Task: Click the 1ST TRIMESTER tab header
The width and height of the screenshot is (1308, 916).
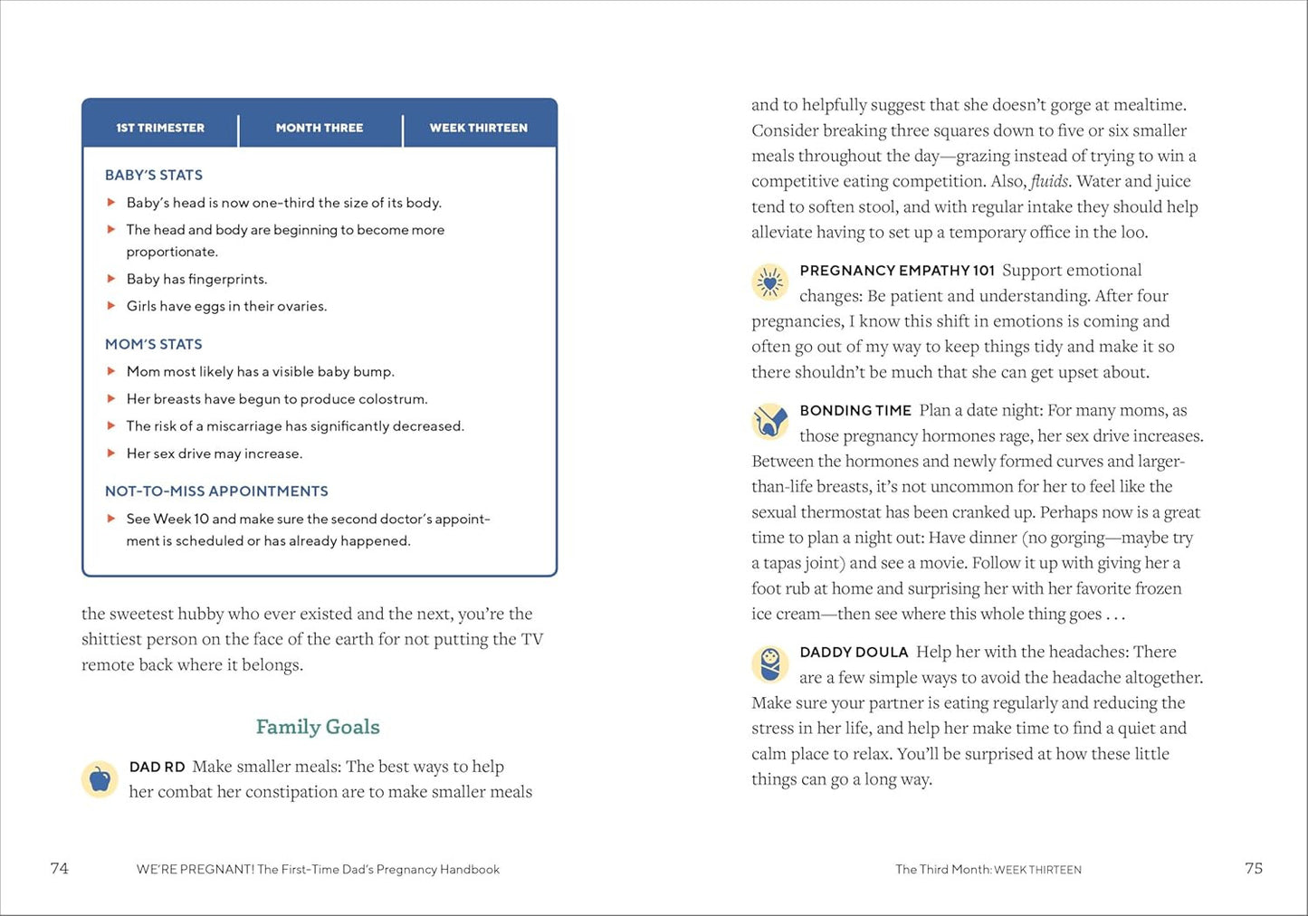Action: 160,128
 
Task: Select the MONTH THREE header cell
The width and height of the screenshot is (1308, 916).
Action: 320,128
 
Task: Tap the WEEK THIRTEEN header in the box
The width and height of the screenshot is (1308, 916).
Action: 478,128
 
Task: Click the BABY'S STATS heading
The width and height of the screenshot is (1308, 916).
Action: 154,175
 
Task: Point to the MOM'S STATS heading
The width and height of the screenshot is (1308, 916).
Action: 154,344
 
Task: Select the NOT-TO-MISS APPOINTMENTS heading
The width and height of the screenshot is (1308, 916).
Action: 216,491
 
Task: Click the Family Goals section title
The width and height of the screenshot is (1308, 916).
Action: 318,727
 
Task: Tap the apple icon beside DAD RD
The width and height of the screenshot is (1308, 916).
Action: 100,778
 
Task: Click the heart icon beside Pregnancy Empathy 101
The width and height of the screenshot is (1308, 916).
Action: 770,282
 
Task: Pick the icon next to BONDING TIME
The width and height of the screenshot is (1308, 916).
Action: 770,422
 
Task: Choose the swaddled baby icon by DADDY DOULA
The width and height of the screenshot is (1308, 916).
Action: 770,664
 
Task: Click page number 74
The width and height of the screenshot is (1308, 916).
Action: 60,868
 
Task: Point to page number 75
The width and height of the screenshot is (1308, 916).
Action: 1254,868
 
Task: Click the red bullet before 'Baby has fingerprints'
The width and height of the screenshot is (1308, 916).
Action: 111,279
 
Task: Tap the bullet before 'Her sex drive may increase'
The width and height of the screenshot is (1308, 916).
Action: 111,453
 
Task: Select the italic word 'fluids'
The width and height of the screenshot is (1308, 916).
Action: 1049,181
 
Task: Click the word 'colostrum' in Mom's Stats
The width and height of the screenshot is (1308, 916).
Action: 393,399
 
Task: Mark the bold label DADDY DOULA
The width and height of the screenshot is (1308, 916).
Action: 854,652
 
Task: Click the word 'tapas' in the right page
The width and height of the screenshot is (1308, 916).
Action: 787,563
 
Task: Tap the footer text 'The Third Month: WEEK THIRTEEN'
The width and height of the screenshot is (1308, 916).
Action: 988,869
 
